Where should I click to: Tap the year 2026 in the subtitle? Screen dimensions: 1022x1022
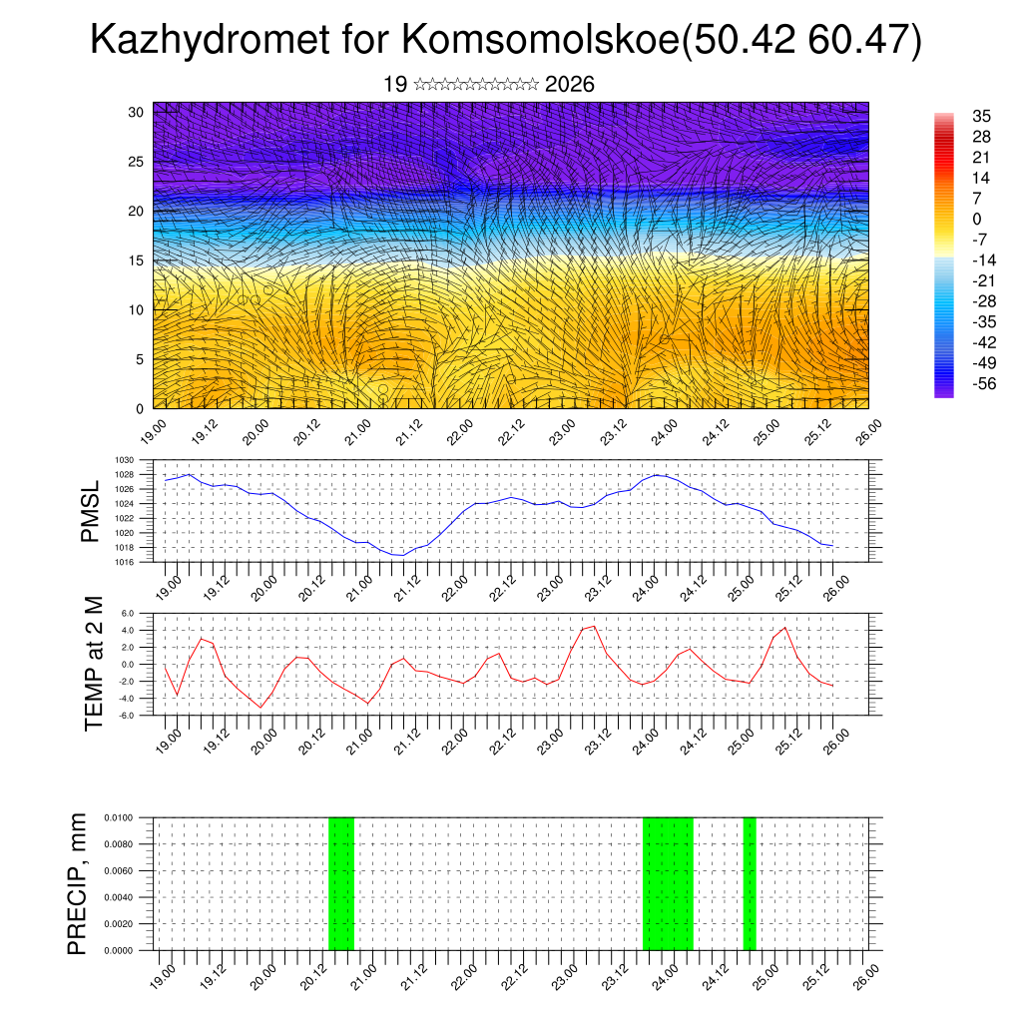click(x=570, y=85)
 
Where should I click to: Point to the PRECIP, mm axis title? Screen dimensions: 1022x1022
click(x=78, y=883)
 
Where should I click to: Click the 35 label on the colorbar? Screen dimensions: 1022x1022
click(x=981, y=117)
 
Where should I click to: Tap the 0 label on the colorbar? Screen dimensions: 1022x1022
click(x=976, y=219)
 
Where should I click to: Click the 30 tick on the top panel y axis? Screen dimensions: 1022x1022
click(x=136, y=112)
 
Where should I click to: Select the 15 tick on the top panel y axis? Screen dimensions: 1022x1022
click(x=136, y=260)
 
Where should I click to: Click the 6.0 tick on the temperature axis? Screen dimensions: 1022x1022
click(x=128, y=614)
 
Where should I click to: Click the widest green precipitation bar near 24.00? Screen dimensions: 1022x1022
click(x=668, y=883)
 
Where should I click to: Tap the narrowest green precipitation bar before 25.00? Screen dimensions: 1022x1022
click(x=750, y=883)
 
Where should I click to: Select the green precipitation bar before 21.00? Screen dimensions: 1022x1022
click(x=341, y=883)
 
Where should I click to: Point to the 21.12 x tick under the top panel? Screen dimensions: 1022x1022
click(x=407, y=430)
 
